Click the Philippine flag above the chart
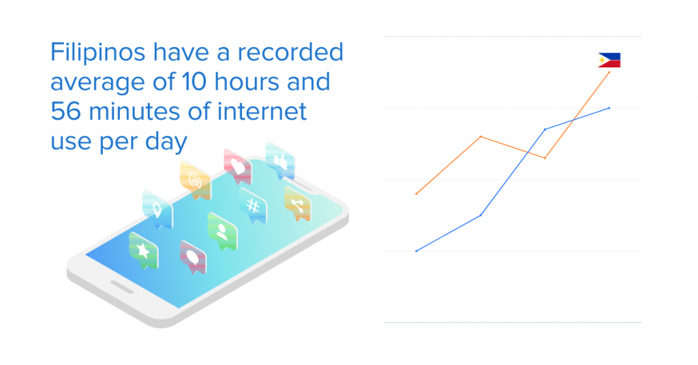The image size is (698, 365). point(609,60)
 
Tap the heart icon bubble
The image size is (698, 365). point(238,167)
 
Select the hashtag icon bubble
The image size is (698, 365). point(252,206)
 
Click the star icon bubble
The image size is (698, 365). point(143,251)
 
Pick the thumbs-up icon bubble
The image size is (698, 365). point(280,161)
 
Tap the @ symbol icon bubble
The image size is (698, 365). point(195,180)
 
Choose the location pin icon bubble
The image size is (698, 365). point(157,209)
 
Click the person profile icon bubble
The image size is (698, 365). point(222,232)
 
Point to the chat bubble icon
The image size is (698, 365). point(193,257)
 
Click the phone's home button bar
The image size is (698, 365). point(121,287)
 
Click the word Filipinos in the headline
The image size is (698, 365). point(98,53)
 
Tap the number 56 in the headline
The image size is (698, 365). point(66,111)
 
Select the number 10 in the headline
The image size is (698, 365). point(194,82)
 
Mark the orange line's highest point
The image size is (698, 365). point(609,72)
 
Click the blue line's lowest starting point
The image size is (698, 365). point(416,251)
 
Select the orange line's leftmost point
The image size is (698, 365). point(416,194)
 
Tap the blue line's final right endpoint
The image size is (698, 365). point(609,108)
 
